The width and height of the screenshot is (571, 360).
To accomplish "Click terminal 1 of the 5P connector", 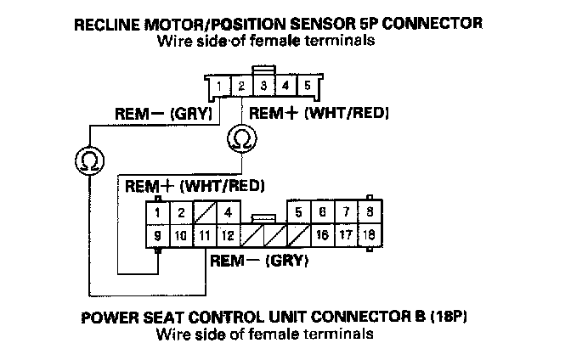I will click(x=220, y=87).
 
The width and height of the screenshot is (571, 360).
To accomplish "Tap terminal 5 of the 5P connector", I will click(x=307, y=87).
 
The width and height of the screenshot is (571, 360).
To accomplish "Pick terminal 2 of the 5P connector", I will click(x=241, y=87).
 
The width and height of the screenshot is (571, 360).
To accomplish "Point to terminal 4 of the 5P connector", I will click(x=285, y=87).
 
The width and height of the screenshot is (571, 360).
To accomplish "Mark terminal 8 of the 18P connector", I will click(x=369, y=212).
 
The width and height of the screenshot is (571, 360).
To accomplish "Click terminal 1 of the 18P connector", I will click(x=158, y=212).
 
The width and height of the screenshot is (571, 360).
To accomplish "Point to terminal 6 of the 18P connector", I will click(x=322, y=212).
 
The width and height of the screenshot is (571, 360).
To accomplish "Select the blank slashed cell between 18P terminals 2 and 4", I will click(x=206, y=212).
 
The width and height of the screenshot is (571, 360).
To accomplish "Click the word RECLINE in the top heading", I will click(x=110, y=24).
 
